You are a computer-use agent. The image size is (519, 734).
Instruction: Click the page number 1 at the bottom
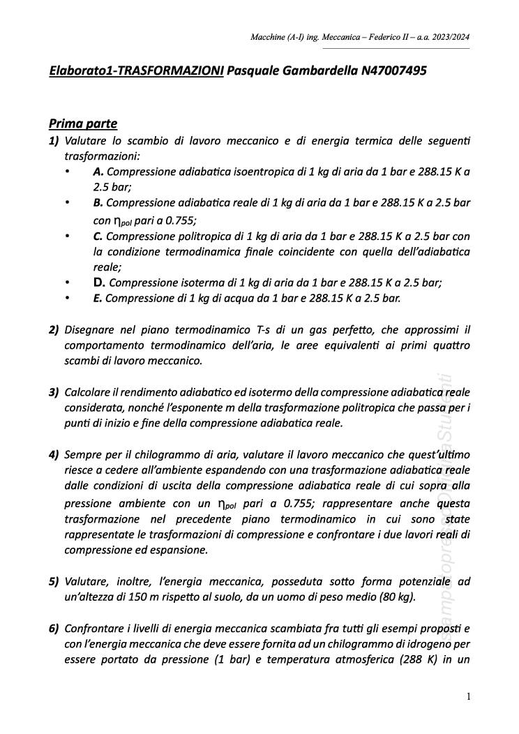(x=469, y=696)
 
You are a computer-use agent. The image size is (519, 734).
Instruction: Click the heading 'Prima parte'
(x=82, y=124)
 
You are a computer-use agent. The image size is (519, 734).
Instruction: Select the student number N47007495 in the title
(x=394, y=71)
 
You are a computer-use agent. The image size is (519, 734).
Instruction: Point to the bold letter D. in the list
(x=99, y=283)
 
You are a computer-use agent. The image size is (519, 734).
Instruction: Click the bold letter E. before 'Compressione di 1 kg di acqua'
(x=98, y=298)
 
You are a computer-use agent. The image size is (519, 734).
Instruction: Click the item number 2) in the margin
(x=54, y=329)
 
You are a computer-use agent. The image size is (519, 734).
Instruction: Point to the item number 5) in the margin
(x=54, y=581)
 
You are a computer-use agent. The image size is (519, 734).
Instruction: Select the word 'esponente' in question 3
(x=222, y=407)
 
